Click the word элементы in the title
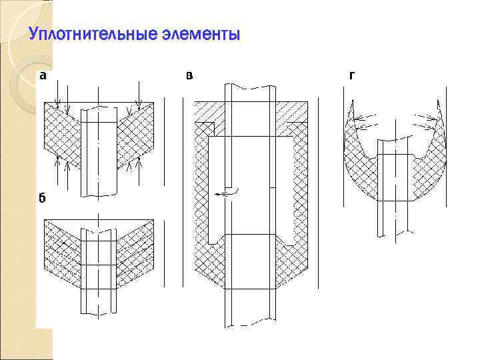pos(199,34)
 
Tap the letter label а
pos(43,75)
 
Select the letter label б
pos(42,198)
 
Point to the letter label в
pos(190,75)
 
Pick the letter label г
pos(351,75)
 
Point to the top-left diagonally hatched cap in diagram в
pos(208,113)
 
